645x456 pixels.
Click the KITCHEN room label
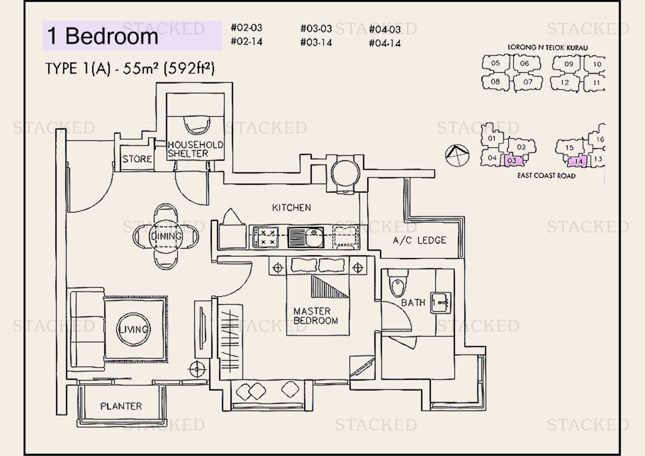click(x=292, y=208)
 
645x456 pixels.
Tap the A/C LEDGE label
click(x=419, y=241)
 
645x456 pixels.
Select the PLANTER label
click(x=121, y=406)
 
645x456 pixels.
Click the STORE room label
click(x=137, y=159)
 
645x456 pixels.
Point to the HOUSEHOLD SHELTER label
click(x=195, y=149)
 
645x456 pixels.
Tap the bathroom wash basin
click(x=441, y=303)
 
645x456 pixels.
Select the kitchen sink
click(x=306, y=237)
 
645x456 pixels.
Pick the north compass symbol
click(x=457, y=155)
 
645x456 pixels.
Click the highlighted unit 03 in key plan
click(x=512, y=161)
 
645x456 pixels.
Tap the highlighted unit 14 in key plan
click(x=578, y=161)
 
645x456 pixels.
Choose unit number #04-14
click(x=385, y=43)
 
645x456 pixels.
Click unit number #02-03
click(x=246, y=28)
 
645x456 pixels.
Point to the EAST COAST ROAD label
click(x=546, y=176)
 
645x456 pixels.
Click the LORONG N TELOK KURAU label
click(x=548, y=47)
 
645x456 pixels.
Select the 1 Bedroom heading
click(x=103, y=36)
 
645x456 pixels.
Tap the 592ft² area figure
click(x=189, y=68)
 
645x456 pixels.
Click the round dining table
click(x=166, y=236)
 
